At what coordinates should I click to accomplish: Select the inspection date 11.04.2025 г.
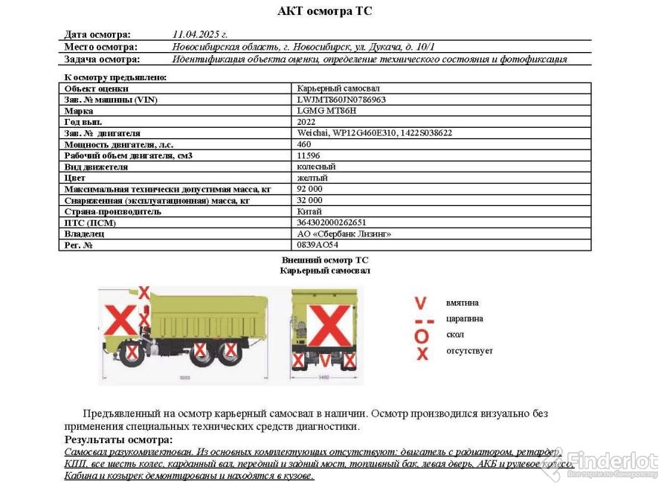[x=199, y=34]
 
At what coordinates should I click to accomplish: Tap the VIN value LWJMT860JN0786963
[x=341, y=100]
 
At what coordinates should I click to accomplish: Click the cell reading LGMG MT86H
[x=326, y=111]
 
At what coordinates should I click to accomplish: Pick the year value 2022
[x=306, y=122]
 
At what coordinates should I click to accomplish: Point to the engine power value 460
[x=304, y=144]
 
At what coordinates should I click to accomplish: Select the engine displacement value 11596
[x=309, y=155]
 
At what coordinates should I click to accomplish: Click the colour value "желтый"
[x=312, y=178]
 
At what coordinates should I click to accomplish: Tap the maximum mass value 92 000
[x=310, y=189]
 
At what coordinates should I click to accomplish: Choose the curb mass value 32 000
[x=310, y=200]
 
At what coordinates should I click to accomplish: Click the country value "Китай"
[x=309, y=211]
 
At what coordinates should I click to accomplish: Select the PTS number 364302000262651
[x=332, y=222]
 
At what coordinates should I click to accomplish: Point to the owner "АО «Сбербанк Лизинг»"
[x=344, y=233]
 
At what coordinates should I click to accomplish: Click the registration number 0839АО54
[x=318, y=245]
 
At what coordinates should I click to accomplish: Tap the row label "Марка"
[x=79, y=111]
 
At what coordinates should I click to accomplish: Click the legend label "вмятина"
[x=463, y=303]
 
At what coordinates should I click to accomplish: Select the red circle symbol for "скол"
[x=422, y=336]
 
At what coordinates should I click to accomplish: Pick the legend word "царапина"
[x=465, y=319]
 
